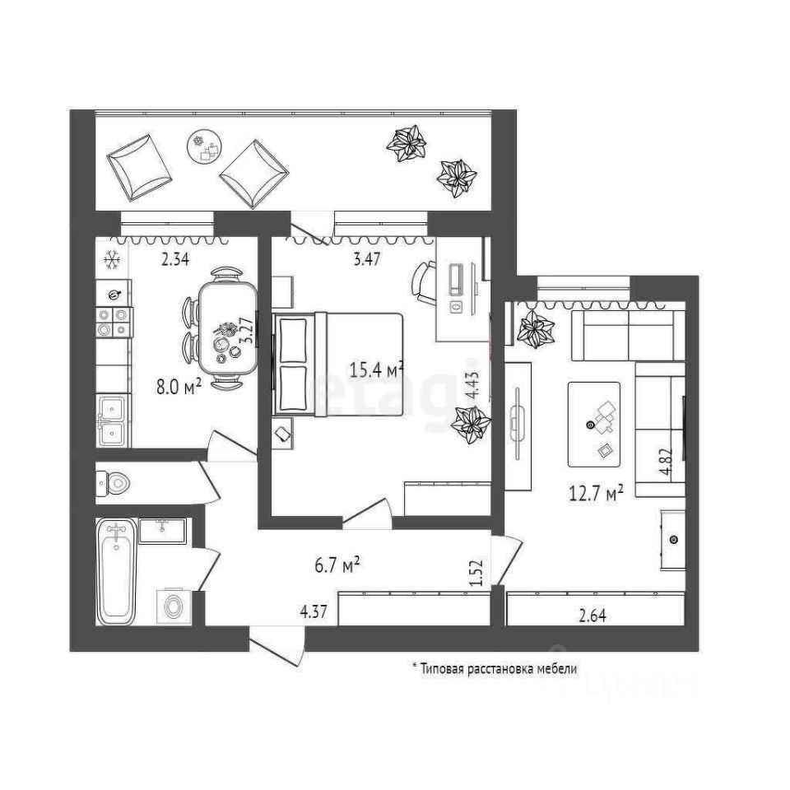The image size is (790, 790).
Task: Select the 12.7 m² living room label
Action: pos(593,493)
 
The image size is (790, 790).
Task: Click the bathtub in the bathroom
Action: pos(116,571)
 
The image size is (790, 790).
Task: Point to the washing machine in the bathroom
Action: pos(173,607)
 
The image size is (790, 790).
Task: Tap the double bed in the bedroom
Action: pos(337,362)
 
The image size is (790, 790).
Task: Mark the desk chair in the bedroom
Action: pos(422,280)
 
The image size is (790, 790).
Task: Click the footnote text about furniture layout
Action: pos(494,669)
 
